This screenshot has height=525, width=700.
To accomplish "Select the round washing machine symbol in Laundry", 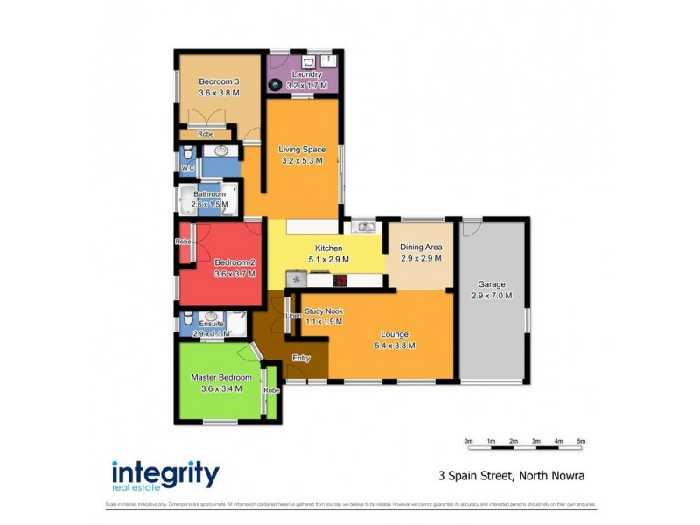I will pos(275,85).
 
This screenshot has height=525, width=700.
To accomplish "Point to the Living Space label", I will pos(302,150).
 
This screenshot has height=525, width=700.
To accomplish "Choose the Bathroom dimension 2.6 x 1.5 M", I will pos(210,205).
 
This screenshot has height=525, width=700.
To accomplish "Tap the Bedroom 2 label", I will pos(234,262).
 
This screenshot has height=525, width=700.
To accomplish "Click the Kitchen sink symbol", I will pos(365,228).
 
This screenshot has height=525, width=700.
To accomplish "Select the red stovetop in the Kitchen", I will pos(339,280).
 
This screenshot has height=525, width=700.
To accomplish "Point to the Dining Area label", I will pos(422,248).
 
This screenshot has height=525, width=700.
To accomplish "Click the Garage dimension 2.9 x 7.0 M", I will pos(492,296).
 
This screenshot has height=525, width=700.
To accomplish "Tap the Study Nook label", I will pos(323,311).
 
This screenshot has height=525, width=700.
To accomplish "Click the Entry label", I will pos(301,357).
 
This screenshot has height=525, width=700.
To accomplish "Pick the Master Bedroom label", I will pos(221,378).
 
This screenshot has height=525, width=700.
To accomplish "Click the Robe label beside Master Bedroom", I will pos(271,390).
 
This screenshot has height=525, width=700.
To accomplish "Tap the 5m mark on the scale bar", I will pos(581,441).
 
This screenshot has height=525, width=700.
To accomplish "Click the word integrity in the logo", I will pos(165,472).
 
